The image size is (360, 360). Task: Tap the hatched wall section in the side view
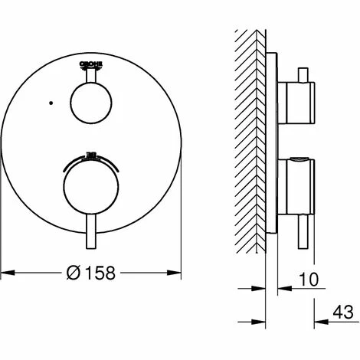tap(250, 138)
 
